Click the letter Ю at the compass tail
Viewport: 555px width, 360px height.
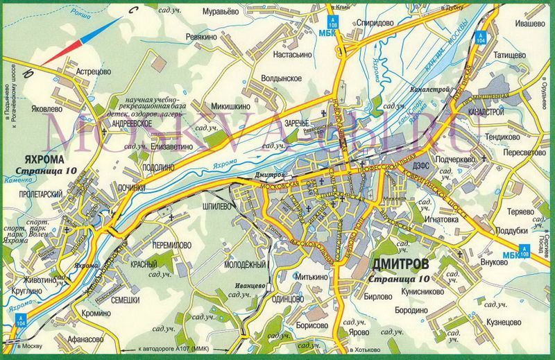27,71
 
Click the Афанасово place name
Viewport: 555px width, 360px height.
89,339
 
